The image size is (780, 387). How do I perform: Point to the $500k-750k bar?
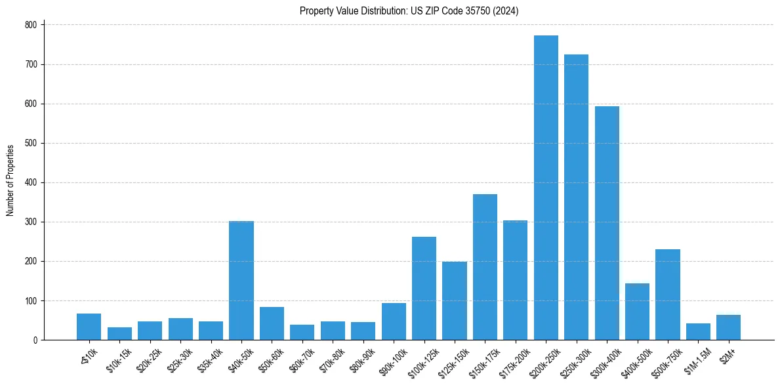pyautogui.click(x=668, y=295)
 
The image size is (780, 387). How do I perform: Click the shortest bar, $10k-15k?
pyautogui.click(x=119, y=333)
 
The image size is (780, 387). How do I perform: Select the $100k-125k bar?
pyautogui.click(x=424, y=289)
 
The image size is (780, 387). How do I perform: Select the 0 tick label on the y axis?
pyautogui.click(x=35, y=340)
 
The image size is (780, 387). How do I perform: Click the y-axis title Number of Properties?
pyautogui.click(x=10, y=180)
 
